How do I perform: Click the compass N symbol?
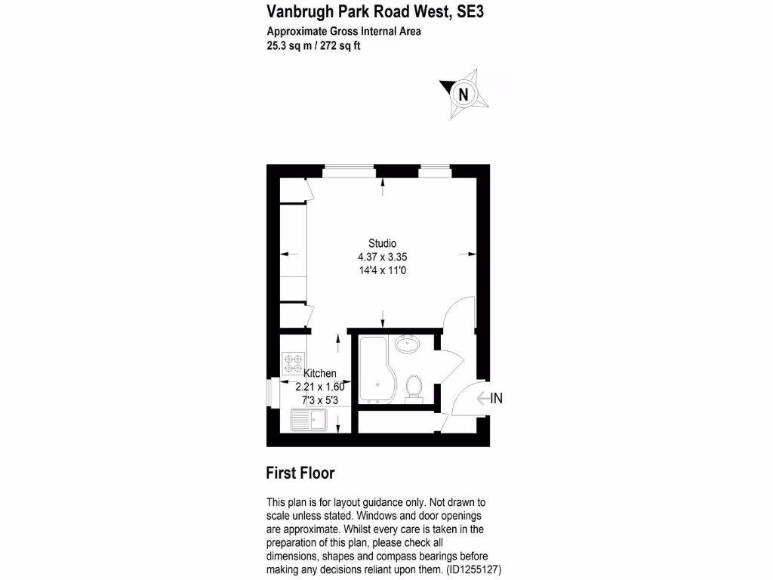(x=463, y=94)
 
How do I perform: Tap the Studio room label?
(x=382, y=243)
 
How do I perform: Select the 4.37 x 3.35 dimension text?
(x=382, y=257)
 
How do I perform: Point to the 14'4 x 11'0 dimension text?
(x=382, y=270)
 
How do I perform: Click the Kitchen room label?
(x=319, y=373)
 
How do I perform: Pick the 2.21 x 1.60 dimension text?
(x=319, y=386)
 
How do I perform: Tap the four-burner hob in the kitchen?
(x=293, y=364)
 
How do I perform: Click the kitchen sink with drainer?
(x=308, y=419)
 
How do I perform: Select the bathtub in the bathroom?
(x=373, y=370)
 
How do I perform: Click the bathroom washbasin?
(x=408, y=344)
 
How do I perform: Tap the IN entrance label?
(x=496, y=399)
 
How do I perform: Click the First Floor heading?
(x=300, y=474)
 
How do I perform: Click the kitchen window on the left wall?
(x=272, y=393)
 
